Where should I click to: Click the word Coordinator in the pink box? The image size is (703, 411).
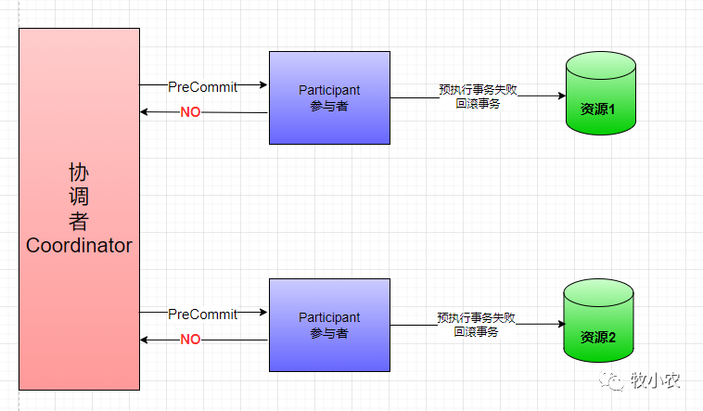click(79, 246)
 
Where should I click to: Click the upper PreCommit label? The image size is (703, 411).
click(202, 86)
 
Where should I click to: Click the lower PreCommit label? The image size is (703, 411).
click(202, 314)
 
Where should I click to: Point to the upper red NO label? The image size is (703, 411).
click(190, 112)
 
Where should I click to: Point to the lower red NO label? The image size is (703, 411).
click(190, 340)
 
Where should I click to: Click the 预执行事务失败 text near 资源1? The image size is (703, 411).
click(478, 90)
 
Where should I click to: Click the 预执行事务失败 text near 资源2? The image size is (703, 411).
click(476, 317)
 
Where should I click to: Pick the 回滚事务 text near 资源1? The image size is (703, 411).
click(478, 104)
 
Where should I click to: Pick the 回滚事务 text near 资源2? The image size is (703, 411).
click(476, 331)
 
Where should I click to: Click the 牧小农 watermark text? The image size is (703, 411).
click(656, 379)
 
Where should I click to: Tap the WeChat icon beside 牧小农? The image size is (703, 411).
click(611, 379)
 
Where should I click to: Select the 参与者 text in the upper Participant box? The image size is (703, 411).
click(329, 106)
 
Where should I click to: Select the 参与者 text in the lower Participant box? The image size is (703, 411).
click(329, 333)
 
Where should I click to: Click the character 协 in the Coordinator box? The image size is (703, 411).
click(79, 173)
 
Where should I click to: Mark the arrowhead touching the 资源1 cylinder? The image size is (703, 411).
click(561, 96)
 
